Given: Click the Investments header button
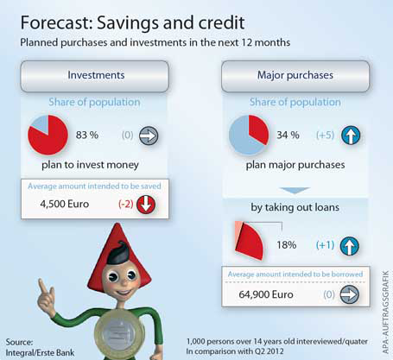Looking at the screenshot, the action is [x=94, y=76].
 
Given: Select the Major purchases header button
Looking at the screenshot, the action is [x=295, y=76].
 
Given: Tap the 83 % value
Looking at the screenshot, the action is [x=87, y=135].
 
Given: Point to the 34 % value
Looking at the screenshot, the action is [x=288, y=135].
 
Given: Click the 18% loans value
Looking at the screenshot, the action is [x=287, y=245].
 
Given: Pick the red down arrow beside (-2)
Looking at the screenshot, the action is [x=146, y=205].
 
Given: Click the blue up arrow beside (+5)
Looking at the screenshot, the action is [x=351, y=136].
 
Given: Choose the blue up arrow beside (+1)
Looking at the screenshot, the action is [x=350, y=246].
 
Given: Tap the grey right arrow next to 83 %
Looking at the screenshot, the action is [x=149, y=136].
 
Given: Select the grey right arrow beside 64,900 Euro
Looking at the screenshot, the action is [x=350, y=294].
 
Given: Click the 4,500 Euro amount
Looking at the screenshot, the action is [x=65, y=204].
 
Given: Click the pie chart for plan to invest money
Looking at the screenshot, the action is [x=48, y=135].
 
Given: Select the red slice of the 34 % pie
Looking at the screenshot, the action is [x=257, y=128].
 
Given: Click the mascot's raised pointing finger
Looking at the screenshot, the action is [x=42, y=286].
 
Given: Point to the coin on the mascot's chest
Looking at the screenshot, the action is [x=118, y=331].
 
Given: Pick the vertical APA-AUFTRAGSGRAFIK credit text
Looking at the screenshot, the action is [x=386, y=312].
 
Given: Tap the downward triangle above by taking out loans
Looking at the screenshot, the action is [x=295, y=191].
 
